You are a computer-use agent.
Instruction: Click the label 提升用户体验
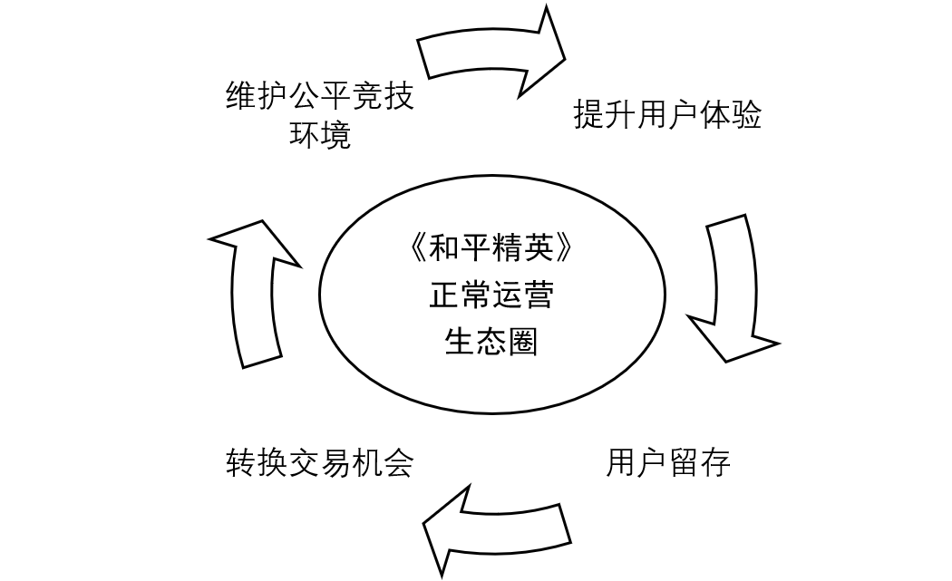pos(667,116)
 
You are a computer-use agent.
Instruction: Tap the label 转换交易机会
pos(319,463)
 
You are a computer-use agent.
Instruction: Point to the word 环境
pos(319,135)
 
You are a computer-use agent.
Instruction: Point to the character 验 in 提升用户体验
pos(746,116)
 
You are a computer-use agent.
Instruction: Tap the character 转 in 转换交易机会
pos(240,463)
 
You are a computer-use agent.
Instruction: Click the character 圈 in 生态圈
pos(523,341)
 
